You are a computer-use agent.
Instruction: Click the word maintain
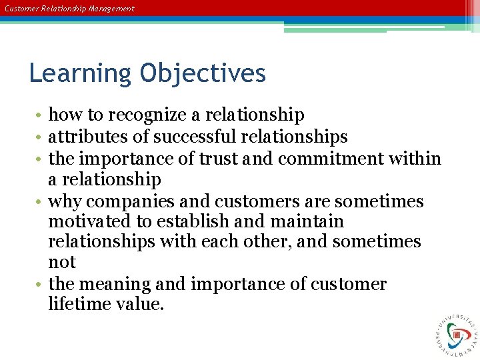pyautogui.click(x=305, y=221)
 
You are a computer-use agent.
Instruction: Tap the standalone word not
pyautogui.click(x=62, y=263)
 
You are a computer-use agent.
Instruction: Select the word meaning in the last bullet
pyautogui.click(x=117, y=285)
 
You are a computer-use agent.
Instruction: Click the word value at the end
pyautogui.click(x=141, y=305)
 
